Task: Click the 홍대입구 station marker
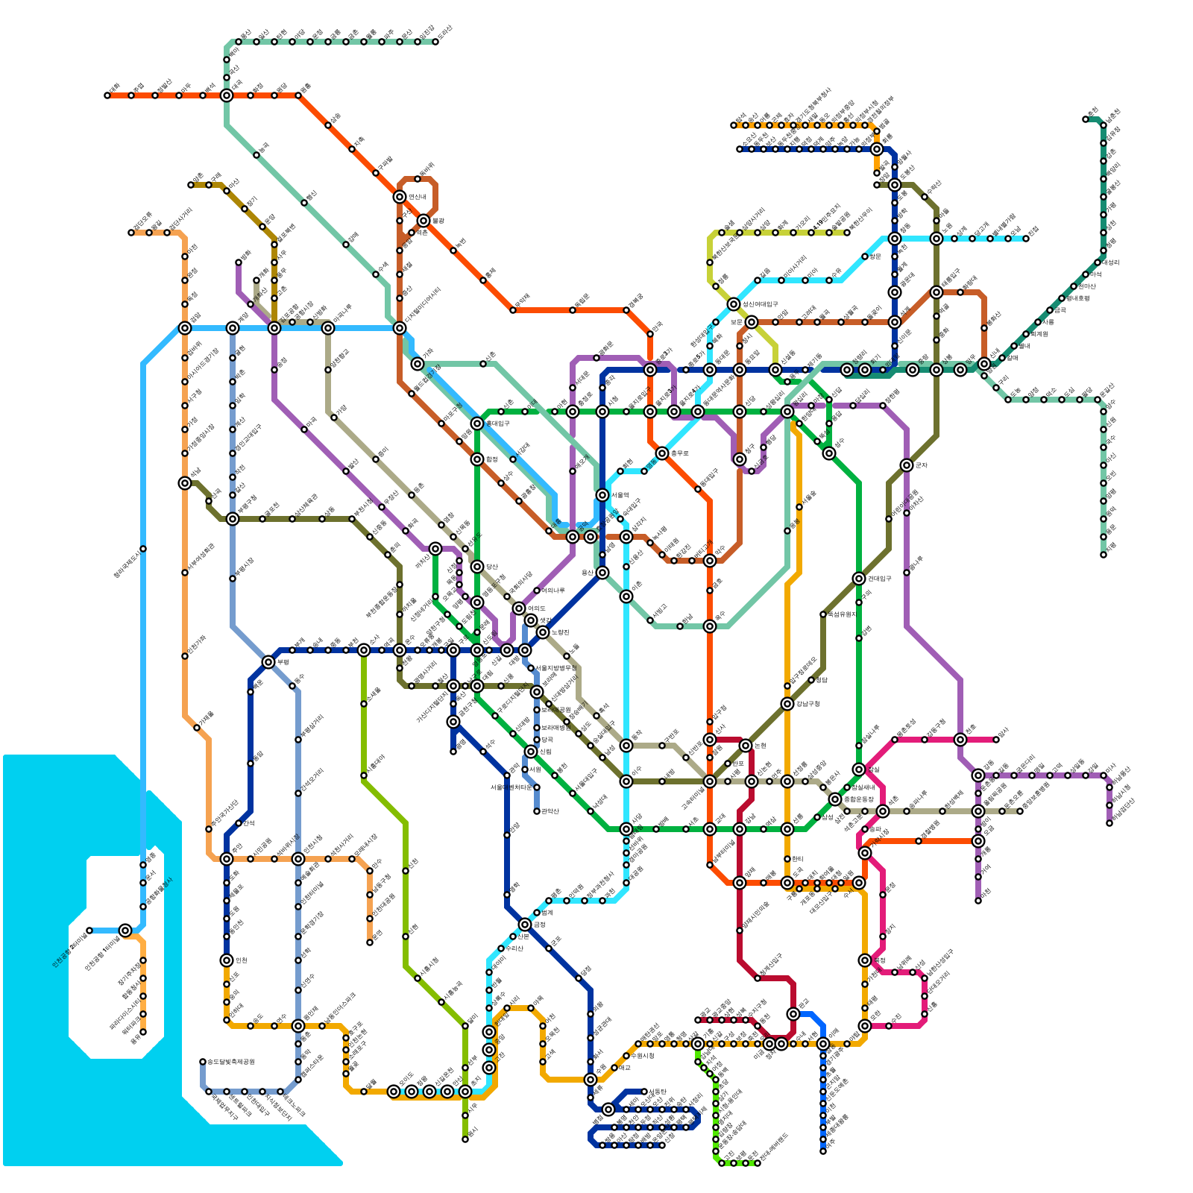pos(477,424)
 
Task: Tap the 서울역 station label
pos(621,495)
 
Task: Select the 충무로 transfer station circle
pos(662,453)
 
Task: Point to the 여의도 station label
pos(537,608)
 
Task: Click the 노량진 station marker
pos(543,632)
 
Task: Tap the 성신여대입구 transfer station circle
pos(734,304)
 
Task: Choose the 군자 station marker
pos(907,465)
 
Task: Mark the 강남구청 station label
pos(808,704)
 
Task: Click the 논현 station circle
pos(746,746)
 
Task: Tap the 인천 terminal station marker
pos(227,960)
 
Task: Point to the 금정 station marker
pos(525,925)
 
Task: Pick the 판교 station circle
pos(793,1014)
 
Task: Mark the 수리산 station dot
pos(501,948)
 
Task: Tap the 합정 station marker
pos(477,459)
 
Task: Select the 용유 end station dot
pos(143,1032)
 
